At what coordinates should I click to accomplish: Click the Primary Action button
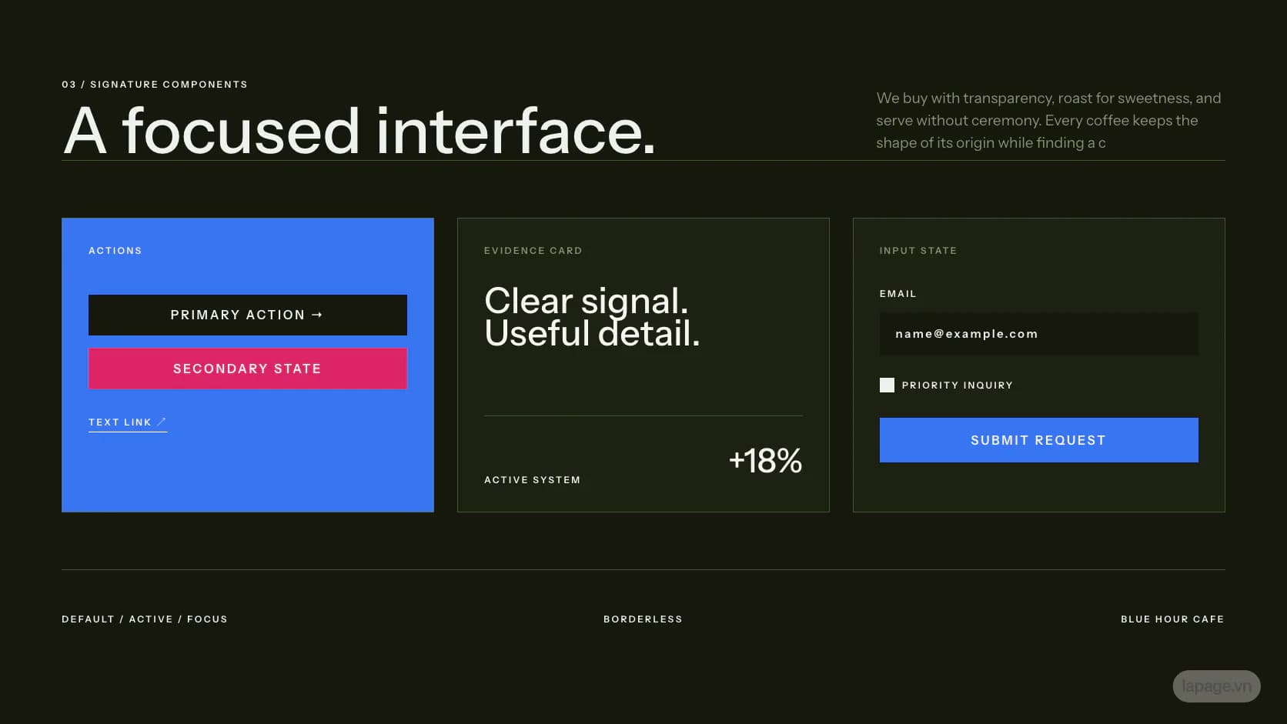pyautogui.click(x=248, y=315)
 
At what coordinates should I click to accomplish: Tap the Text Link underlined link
pyautogui.click(x=128, y=423)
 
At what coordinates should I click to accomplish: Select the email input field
pyautogui.click(x=1039, y=334)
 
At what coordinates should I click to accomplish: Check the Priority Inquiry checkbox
pyautogui.click(x=887, y=385)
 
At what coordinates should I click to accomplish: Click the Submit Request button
pyautogui.click(x=1039, y=440)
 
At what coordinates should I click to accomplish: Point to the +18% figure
pyautogui.click(x=765, y=460)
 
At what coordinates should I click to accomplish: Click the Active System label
pyautogui.click(x=532, y=480)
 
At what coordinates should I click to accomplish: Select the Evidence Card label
pyautogui.click(x=533, y=251)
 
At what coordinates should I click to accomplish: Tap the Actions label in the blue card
pyautogui.click(x=115, y=251)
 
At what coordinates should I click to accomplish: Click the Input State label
pyautogui.click(x=918, y=251)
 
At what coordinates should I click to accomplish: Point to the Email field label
pyautogui.click(x=898, y=294)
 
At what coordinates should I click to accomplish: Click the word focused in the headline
pyautogui.click(x=242, y=131)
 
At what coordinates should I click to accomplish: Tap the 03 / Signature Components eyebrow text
pyautogui.click(x=155, y=85)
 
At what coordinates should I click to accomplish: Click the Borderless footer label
pyautogui.click(x=643, y=619)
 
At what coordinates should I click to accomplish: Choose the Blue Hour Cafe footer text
pyautogui.click(x=1172, y=619)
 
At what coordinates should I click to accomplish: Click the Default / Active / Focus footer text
pyautogui.click(x=144, y=619)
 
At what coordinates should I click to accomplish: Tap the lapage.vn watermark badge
pyautogui.click(x=1216, y=686)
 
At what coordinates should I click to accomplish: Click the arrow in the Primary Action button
pyautogui.click(x=316, y=315)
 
